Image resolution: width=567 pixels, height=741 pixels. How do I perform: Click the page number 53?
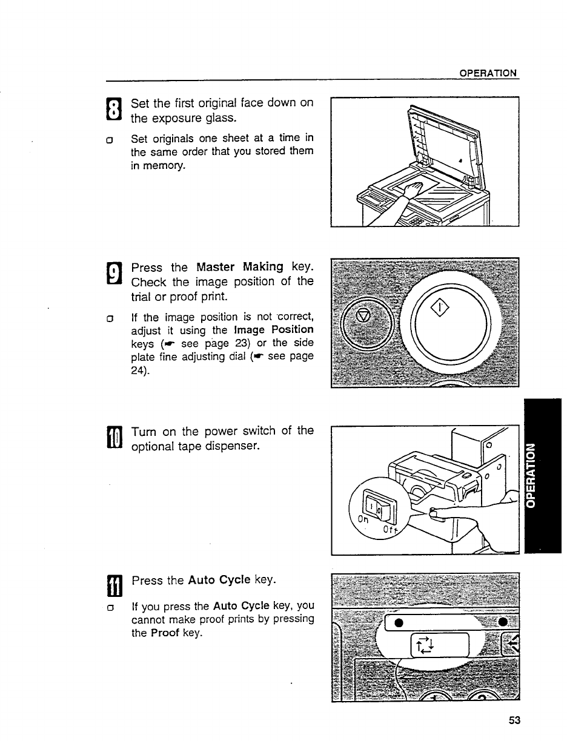514,720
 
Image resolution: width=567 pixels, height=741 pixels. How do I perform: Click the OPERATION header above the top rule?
488,73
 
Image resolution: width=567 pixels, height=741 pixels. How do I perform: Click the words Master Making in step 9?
240,267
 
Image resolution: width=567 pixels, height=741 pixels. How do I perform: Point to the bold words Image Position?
272,330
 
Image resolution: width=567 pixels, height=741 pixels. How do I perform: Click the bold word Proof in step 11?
165,633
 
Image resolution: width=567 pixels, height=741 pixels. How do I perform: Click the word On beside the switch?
363,519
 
